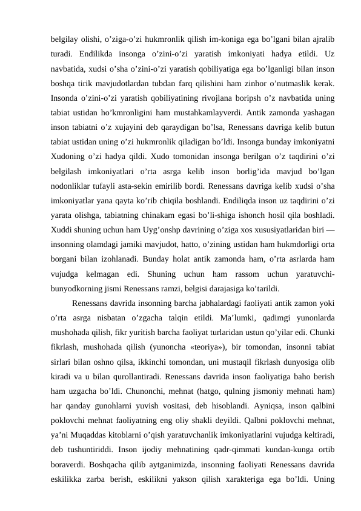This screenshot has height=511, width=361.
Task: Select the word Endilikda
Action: [96, 46]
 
